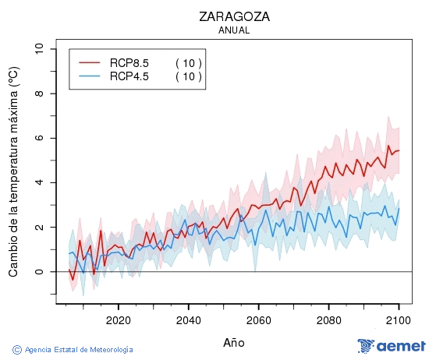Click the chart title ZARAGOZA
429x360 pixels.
coord(234,16)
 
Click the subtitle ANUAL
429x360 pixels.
coord(234,30)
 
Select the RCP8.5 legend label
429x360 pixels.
coord(129,63)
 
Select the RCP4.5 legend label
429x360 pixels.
coord(129,76)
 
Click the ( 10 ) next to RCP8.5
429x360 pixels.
coord(188,63)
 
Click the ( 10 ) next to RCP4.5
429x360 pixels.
coord(188,76)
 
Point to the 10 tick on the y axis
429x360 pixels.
coord(39,49)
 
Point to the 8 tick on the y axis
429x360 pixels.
coord(39,94)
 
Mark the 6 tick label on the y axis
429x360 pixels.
coord(39,138)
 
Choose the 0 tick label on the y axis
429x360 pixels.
coord(39,272)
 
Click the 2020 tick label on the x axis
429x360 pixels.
coord(118,319)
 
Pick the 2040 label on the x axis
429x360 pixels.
coord(188,319)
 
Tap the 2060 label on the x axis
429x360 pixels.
coord(258,319)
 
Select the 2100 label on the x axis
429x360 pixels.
coord(399,319)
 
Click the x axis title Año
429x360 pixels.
coord(234,342)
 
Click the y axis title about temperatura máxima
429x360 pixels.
coord(13,172)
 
